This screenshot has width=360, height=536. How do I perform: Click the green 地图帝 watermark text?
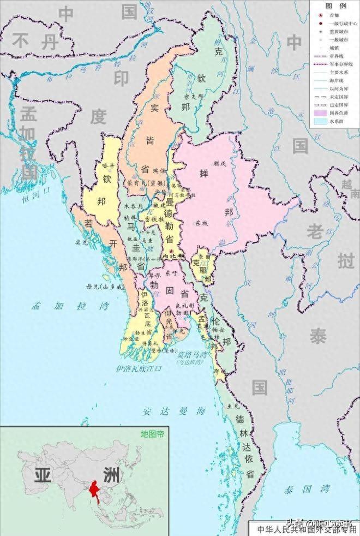(152, 434)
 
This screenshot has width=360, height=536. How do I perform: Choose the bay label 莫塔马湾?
(195, 354)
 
